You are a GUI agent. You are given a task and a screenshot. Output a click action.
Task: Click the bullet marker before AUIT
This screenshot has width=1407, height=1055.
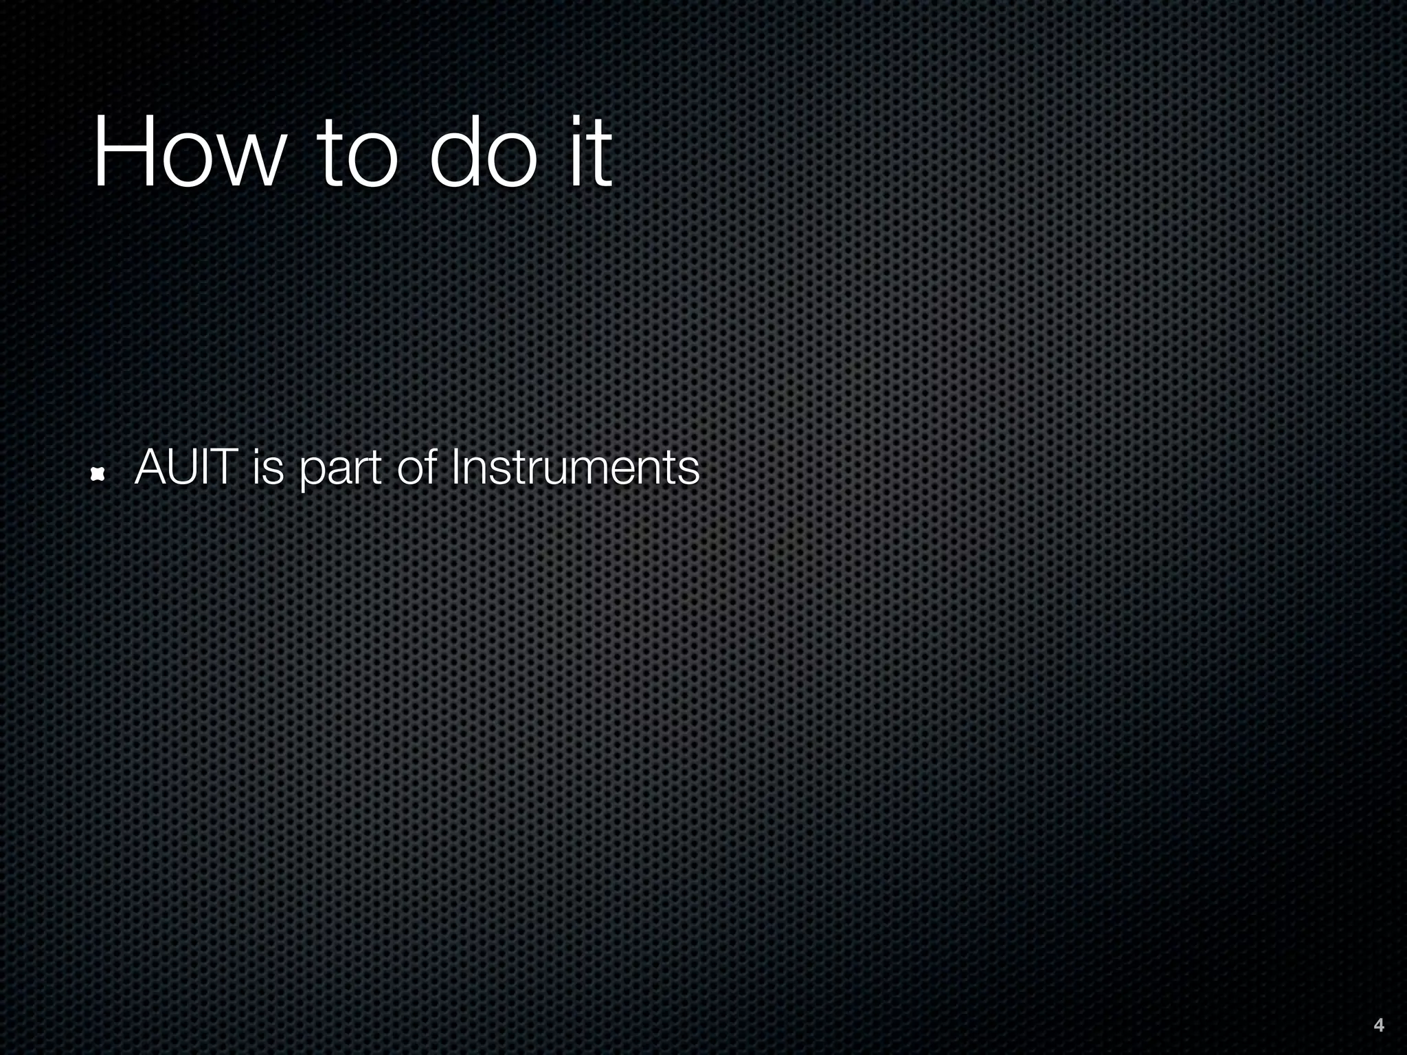point(98,473)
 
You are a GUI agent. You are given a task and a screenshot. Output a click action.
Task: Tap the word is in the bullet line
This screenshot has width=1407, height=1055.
point(268,468)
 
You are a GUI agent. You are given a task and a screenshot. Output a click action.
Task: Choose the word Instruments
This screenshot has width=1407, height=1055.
point(575,468)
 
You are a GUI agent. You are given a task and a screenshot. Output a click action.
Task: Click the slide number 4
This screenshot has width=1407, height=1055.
point(1378,1025)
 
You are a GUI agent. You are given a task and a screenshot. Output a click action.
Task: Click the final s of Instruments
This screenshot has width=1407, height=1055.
point(688,472)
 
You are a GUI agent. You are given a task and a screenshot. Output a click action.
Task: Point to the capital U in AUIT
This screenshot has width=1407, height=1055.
point(185,468)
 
